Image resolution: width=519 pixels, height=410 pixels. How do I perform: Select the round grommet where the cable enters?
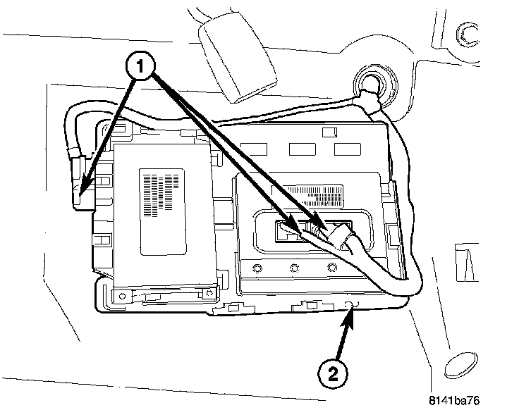[368, 82]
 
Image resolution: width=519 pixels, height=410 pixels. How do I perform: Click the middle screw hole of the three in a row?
[292, 267]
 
